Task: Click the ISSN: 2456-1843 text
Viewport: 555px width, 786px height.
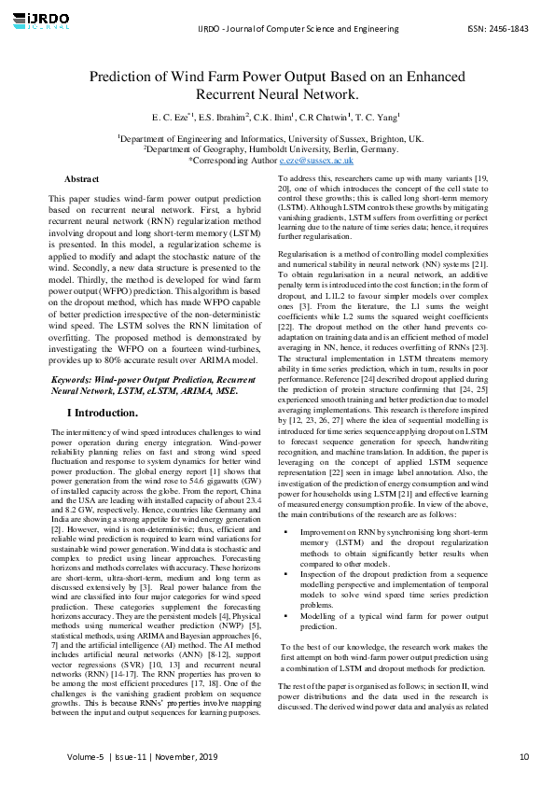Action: (x=497, y=29)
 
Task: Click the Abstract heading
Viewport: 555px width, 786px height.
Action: (x=82, y=179)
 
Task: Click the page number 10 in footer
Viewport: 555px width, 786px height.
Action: (x=524, y=756)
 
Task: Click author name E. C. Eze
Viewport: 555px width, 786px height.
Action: (x=169, y=118)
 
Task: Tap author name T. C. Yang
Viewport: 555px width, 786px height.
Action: (x=381, y=118)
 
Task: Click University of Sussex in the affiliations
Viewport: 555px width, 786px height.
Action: (x=346, y=138)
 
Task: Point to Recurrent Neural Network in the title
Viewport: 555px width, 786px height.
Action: (x=277, y=95)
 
